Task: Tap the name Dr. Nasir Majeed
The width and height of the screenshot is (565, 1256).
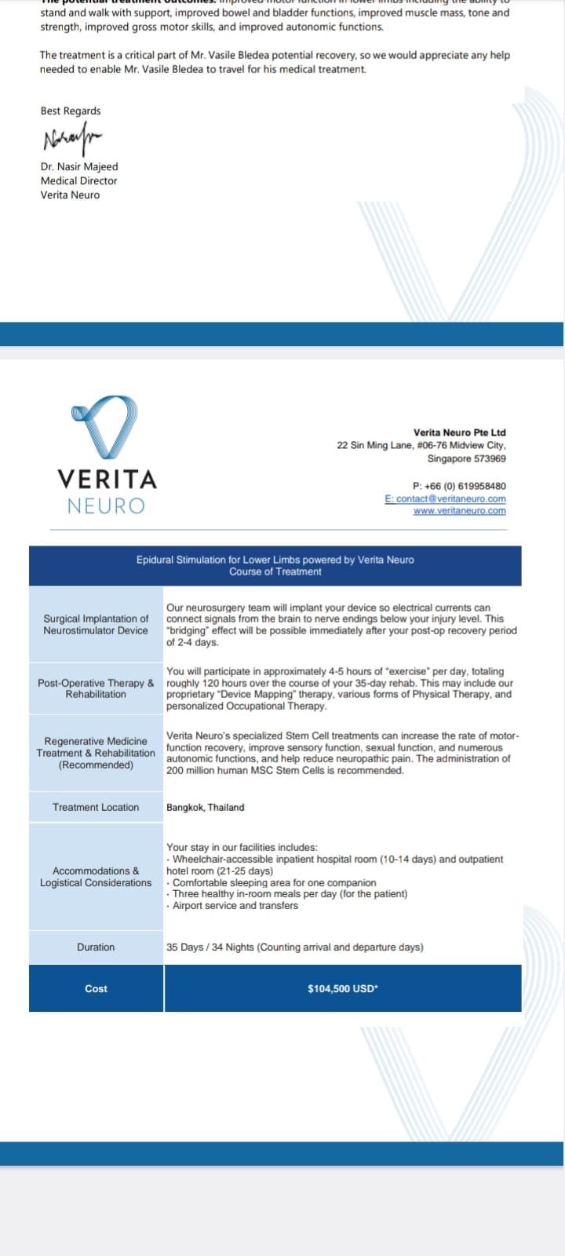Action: [79, 166]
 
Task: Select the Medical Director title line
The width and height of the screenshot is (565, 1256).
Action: [78, 181]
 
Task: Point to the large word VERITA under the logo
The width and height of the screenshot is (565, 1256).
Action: [107, 479]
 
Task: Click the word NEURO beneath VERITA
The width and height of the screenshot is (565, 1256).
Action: [106, 506]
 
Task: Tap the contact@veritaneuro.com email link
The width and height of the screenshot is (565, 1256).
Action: [446, 498]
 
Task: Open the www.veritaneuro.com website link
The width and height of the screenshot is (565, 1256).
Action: [459, 511]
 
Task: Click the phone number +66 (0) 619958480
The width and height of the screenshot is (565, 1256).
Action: [459, 486]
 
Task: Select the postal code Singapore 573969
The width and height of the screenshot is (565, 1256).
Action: [466, 458]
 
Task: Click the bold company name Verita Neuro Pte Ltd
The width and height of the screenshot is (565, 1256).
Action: [459, 433]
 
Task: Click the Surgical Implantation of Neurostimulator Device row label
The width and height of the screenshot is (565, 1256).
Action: [96, 625]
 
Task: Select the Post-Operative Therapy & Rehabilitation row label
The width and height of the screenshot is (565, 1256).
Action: [96, 688]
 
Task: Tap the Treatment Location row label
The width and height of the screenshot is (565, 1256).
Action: [96, 807]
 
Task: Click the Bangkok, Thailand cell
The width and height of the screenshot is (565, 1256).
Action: [205, 807]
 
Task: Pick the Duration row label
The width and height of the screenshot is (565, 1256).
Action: [96, 947]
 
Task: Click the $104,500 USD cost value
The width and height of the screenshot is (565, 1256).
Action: [342, 989]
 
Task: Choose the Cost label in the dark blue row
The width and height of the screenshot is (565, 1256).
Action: [96, 989]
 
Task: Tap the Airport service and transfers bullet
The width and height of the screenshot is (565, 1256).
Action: [235, 906]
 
